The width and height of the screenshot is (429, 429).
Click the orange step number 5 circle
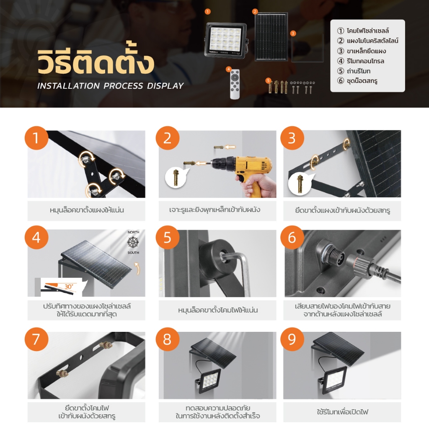pos(168,237)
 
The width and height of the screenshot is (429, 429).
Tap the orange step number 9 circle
pos(292,339)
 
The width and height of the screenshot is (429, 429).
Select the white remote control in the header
pos(235,84)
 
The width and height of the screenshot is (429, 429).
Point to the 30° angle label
pos(68,287)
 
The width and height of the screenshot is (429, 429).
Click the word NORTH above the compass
pos(133,232)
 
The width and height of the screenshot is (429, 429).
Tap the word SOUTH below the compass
pos(133,253)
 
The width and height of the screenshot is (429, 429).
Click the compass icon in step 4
pos(133,242)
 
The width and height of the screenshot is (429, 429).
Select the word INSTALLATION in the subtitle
pos(68,86)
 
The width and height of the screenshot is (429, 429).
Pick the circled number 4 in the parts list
pos(340,61)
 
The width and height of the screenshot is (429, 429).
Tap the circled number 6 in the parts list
pos(340,81)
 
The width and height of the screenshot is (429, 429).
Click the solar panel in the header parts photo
pos(271,37)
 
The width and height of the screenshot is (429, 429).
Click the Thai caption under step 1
pos(87,210)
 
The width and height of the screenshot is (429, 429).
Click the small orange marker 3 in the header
pos(293,34)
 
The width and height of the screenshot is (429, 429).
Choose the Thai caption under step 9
pos(342,411)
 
